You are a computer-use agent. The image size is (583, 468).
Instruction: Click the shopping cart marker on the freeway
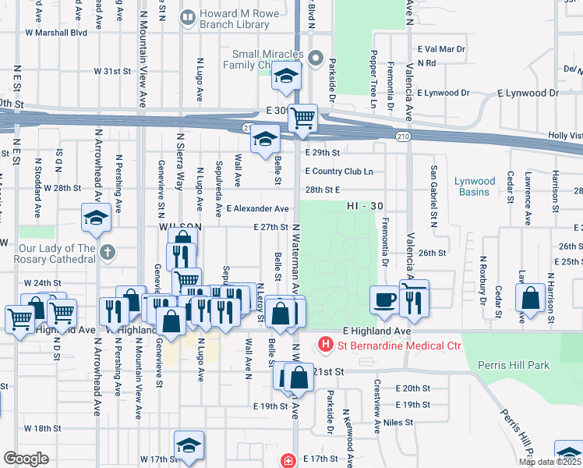[302, 119]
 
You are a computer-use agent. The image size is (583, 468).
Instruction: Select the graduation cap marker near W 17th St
[188, 446]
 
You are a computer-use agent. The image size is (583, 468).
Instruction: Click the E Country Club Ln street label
[339, 172]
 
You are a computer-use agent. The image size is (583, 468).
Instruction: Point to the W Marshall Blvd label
[56, 33]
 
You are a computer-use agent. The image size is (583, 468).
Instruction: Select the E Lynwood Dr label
[443, 93]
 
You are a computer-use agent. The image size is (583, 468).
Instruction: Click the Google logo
[26, 459]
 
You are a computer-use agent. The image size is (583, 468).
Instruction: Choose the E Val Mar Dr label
[441, 48]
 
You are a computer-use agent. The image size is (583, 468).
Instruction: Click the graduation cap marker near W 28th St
[96, 218]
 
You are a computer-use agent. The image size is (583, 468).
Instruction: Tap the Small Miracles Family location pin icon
[315, 57]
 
